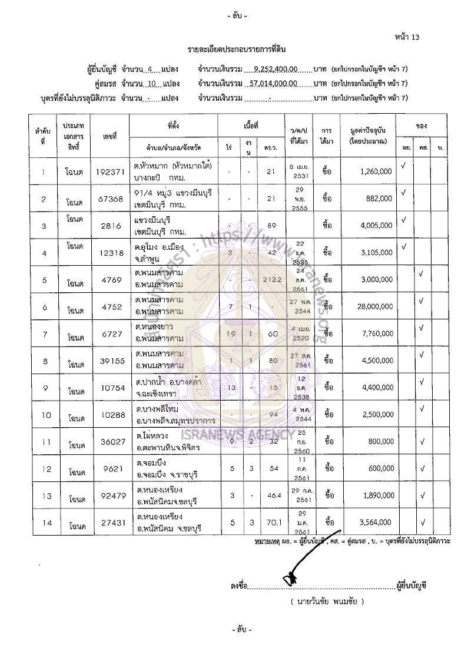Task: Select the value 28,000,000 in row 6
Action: (374, 306)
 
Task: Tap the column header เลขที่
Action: (110, 137)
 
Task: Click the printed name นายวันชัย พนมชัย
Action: (327, 602)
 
